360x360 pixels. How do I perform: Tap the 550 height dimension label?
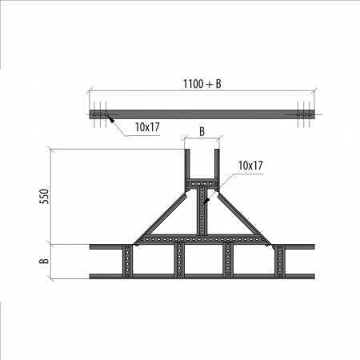[x=45, y=195]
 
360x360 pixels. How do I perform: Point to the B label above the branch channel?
[x=202, y=131]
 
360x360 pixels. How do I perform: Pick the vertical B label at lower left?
[x=45, y=260]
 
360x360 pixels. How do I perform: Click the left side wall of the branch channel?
[x=186, y=164]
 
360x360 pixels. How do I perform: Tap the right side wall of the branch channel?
[x=219, y=164]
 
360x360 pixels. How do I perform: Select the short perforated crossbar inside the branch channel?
[x=202, y=184]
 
